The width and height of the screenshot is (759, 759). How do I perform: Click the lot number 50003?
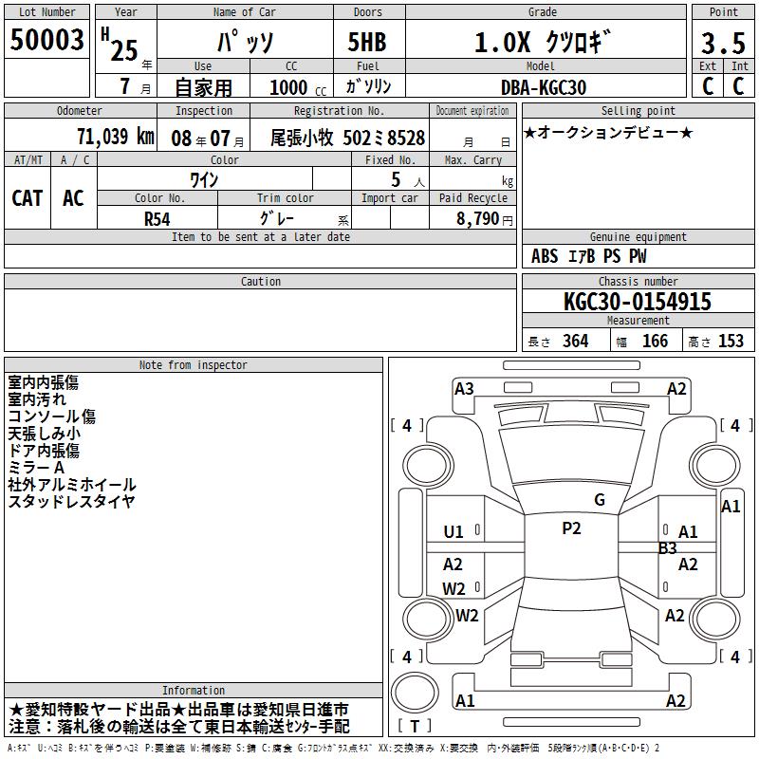[46, 39]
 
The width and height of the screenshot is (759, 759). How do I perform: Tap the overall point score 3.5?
[723, 43]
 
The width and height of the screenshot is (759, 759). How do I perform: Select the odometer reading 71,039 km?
[115, 137]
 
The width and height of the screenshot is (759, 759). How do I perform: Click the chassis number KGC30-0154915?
[638, 301]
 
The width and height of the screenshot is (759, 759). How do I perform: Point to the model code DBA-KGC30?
[543, 87]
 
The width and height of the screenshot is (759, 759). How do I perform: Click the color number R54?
[157, 219]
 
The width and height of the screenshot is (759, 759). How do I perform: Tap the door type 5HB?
[367, 42]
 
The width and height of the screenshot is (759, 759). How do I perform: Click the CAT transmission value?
[28, 198]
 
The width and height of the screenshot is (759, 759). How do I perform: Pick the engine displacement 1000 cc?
[298, 87]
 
